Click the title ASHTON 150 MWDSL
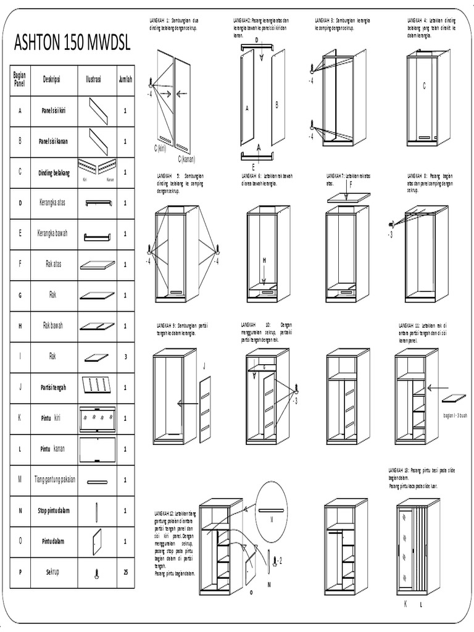pyautogui.click(x=72, y=44)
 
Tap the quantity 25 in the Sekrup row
pyautogui.click(x=125, y=572)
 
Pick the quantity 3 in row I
pyautogui.click(x=125, y=357)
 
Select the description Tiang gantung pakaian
pyautogui.click(x=55, y=480)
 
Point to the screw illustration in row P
pyautogui.click(x=97, y=572)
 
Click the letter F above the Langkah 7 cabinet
pyautogui.click(x=350, y=184)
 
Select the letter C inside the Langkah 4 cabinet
pyautogui.click(x=424, y=86)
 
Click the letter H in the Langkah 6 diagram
pyautogui.click(x=264, y=261)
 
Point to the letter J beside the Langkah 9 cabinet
pyautogui.click(x=204, y=367)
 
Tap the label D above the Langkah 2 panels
pyautogui.click(x=257, y=39)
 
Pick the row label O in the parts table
pyautogui.click(x=20, y=541)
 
